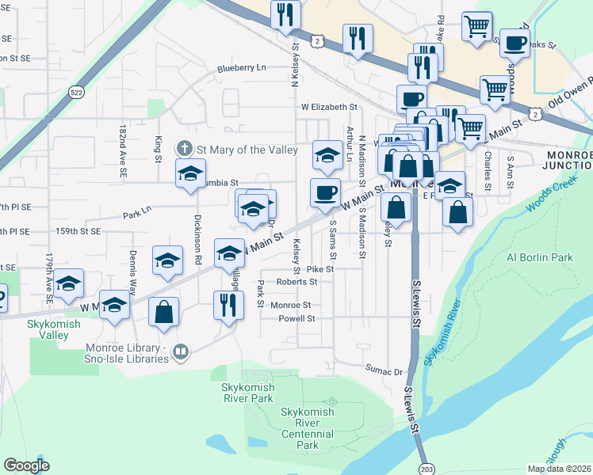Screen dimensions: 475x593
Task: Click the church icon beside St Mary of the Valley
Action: [x=184, y=148]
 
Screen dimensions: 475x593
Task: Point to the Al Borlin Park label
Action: [x=539, y=257]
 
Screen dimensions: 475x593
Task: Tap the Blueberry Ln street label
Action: [x=242, y=69]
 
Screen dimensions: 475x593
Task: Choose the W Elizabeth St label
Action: [x=329, y=107]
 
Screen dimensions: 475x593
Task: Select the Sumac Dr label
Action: [x=384, y=370]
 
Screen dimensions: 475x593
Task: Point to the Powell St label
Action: [x=296, y=319]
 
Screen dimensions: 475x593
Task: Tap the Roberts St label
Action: [x=296, y=281]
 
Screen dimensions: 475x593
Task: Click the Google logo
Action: [x=26, y=465]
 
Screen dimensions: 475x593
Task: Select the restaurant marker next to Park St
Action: [x=228, y=304]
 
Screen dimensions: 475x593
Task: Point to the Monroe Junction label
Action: [x=567, y=159]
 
